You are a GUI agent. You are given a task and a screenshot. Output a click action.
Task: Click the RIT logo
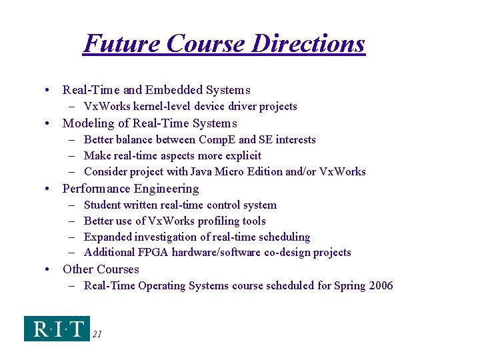(x=57, y=329)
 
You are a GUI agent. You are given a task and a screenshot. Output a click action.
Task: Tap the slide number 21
(x=97, y=335)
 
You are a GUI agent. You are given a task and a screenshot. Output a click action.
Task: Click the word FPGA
(x=155, y=253)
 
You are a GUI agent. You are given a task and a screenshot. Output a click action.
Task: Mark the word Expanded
(x=108, y=237)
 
